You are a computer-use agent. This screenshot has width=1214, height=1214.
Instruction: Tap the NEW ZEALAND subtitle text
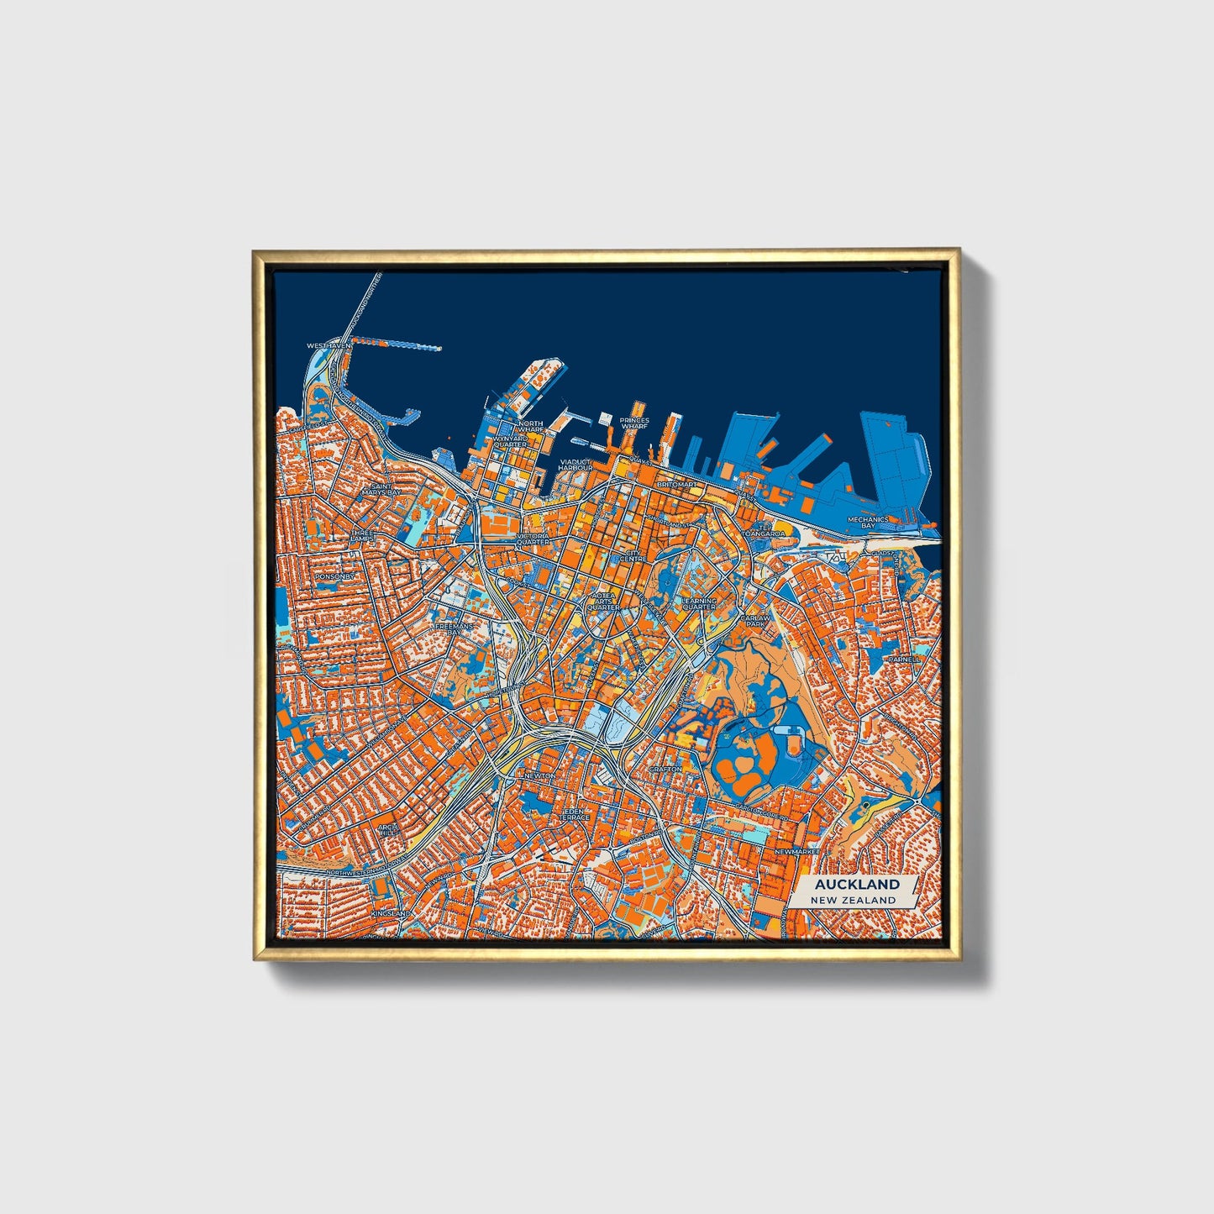tap(853, 900)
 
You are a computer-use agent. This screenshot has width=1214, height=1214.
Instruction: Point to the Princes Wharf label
tap(634, 423)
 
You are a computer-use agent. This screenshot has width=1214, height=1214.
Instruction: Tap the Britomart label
tap(677, 485)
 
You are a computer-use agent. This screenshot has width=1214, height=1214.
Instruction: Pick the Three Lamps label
tap(362, 535)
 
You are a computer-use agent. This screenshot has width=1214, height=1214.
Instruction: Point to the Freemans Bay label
tap(455, 629)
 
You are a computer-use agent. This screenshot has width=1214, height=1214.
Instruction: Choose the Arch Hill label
tap(387, 830)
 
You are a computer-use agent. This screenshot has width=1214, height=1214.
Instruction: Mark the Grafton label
tap(665, 769)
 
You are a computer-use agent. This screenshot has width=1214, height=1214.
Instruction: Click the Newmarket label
tap(796, 851)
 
